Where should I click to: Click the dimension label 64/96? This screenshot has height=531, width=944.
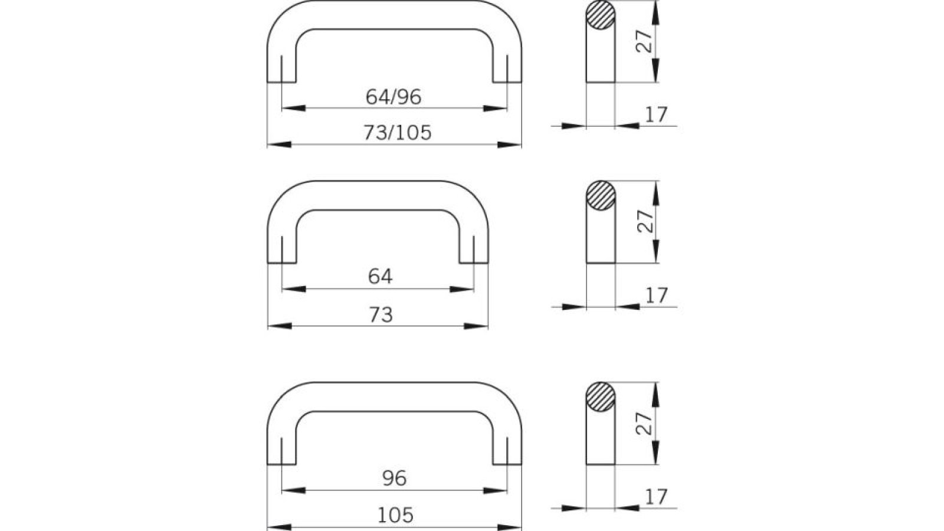click(x=394, y=97)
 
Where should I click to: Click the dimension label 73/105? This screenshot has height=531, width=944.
click(x=397, y=133)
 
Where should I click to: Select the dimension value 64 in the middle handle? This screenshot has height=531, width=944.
click(x=380, y=276)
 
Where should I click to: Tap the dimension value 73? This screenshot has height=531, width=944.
click(x=381, y=314)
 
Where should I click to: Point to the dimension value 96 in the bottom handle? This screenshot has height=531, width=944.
click(x=394, y=478)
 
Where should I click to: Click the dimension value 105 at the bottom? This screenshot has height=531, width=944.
click(x=395, y=515)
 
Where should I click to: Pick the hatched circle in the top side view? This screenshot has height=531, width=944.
click(x=601, y=15)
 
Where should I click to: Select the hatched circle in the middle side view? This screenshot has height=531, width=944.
click(x=601, y=196)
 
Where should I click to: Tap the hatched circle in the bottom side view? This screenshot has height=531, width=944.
click(x=601, y=397)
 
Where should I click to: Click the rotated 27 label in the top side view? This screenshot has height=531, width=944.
click(x=647, y=41)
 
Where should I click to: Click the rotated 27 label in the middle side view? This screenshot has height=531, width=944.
click(x=647, y=221)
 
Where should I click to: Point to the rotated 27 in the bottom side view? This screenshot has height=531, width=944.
click(x=647, y=423)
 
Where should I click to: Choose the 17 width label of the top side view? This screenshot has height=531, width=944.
click(x=656, y=114)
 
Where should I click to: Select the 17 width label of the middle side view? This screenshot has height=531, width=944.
click(x=656, y=295)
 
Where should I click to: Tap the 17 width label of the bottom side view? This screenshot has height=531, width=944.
click(x=656, y=497)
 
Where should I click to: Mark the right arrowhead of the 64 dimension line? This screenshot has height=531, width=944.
click(x=462, y=289)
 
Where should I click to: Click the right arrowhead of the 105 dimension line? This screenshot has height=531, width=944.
click(x=510, y=527)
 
